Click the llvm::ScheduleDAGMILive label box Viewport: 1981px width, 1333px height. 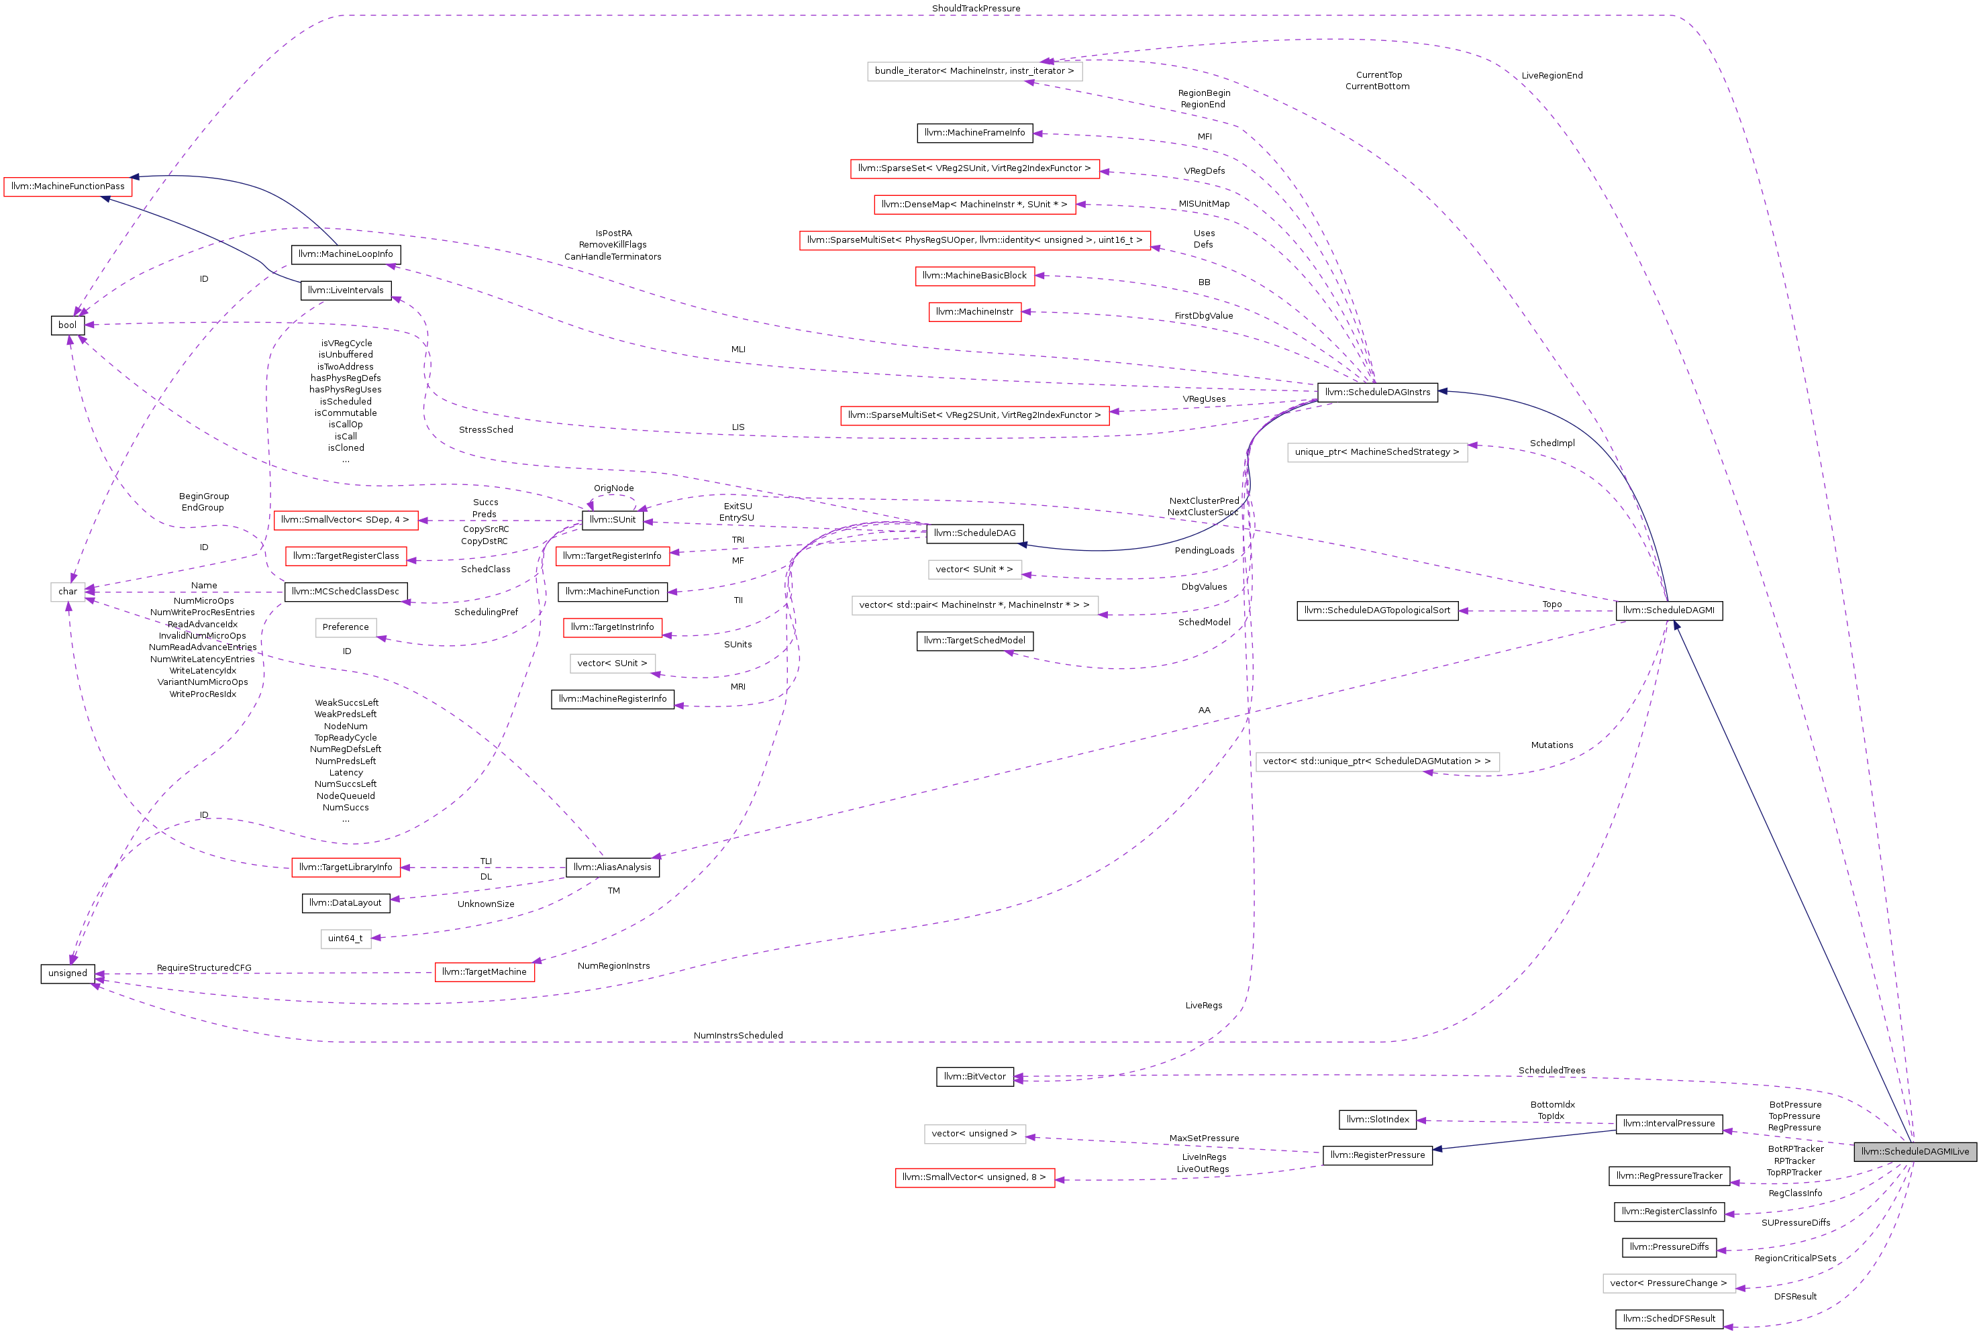click(x=1915, y=1152)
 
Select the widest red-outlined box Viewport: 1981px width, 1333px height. click(x=974, y=241)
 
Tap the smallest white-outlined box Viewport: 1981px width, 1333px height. click(x=68, y=592)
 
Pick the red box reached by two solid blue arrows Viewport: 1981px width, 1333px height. click(x=68, y=187)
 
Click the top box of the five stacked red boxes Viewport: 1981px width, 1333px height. click(x=974, y=169)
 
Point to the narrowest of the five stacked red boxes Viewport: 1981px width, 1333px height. click(x=974, y=312)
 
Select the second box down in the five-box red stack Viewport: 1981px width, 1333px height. click(x=974, y=205)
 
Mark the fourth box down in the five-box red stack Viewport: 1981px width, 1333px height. click(x=974, y=276)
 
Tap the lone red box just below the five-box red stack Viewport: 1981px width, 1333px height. click(x=974, y=416)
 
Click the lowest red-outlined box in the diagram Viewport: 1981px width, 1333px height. click(x=974, y=1177)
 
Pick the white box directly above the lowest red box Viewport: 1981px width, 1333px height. click(x=974, y=1134)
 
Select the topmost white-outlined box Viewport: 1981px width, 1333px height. click(x=974, y=71)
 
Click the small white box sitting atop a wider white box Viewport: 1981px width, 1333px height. click(x=974, y=570)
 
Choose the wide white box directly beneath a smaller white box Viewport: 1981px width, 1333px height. click(x=974, y=605)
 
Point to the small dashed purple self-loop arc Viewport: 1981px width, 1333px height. click(x=612, y=496)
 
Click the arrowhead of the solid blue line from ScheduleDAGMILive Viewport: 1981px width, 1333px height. click(x=1676, y=625)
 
